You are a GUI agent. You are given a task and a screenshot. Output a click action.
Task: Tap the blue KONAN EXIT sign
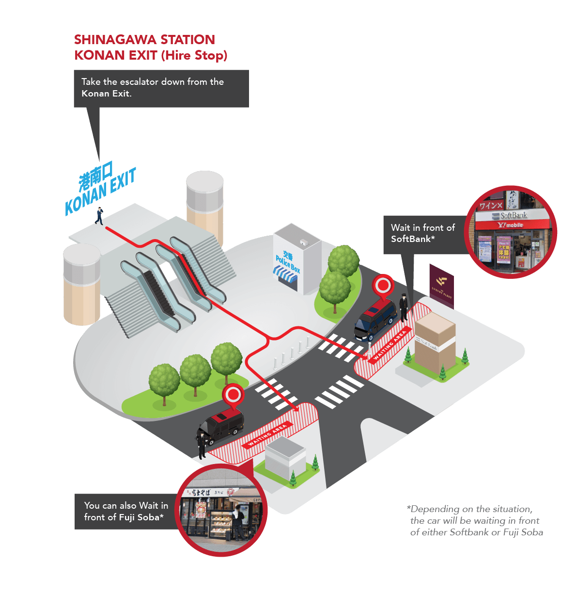101,189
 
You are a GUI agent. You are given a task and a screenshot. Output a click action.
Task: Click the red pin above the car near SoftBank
383,285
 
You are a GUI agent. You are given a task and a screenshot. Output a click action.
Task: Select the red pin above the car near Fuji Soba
233,395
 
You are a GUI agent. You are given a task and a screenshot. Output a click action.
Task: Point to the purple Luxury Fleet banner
441,285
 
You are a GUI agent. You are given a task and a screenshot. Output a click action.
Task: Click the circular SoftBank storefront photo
511,232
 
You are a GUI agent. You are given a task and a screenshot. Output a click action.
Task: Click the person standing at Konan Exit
99,215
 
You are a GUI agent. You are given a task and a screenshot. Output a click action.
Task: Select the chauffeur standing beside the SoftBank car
403,307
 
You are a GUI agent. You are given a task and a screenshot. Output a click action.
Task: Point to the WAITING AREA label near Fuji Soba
268,434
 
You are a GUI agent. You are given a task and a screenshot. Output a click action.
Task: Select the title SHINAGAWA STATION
144,40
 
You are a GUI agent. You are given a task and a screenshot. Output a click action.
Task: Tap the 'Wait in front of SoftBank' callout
423,233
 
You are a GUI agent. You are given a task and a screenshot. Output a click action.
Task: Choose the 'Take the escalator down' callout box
161,88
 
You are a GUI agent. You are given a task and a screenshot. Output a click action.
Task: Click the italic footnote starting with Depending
475,521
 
